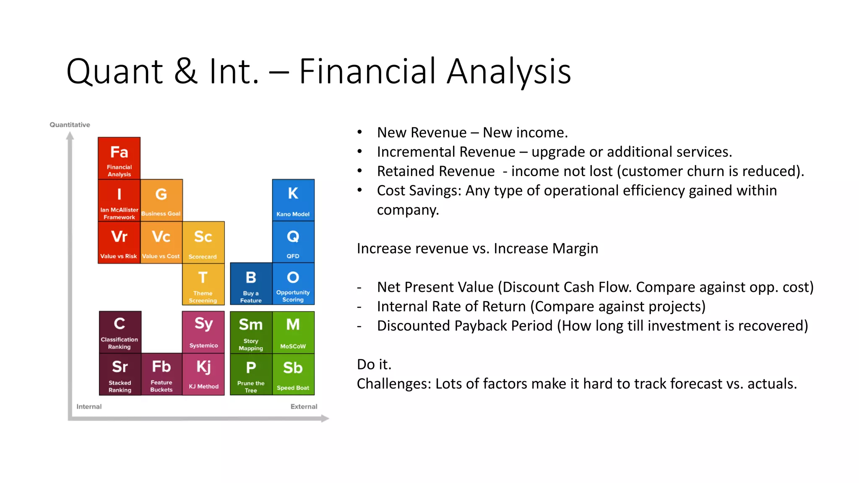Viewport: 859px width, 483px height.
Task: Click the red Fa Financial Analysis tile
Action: tap(119, 158)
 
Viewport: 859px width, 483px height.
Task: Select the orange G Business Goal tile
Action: tap(161, 200)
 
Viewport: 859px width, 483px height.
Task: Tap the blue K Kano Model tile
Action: tap(293, 200)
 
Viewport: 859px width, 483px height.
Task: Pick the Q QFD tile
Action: tap(293, 242)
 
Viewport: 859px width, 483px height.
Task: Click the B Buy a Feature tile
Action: tap(251, 284)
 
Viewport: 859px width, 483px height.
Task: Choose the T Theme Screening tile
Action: tap(203, 284)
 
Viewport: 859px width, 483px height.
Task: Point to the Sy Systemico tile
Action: tap(203, 332)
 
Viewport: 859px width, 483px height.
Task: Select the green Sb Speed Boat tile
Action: tap(293, 374)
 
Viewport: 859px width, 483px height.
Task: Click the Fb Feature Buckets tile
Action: tap(161, 374)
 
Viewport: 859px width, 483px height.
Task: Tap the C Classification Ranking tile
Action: tap(120, 332)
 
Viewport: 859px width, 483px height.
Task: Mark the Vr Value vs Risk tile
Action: tap(119, 242)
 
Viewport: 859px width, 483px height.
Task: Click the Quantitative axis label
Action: tap(70, 125)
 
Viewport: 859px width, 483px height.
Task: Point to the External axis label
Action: tap(304, 406)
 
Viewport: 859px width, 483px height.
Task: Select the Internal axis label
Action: tap(89, 406)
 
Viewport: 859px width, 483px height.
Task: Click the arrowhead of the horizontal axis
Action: tap(325, 418)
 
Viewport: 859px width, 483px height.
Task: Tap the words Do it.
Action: tap(374, 364)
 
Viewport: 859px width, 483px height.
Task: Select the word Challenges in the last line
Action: tap(394, 384)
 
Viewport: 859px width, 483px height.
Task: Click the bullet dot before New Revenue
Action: tap(359, 132)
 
